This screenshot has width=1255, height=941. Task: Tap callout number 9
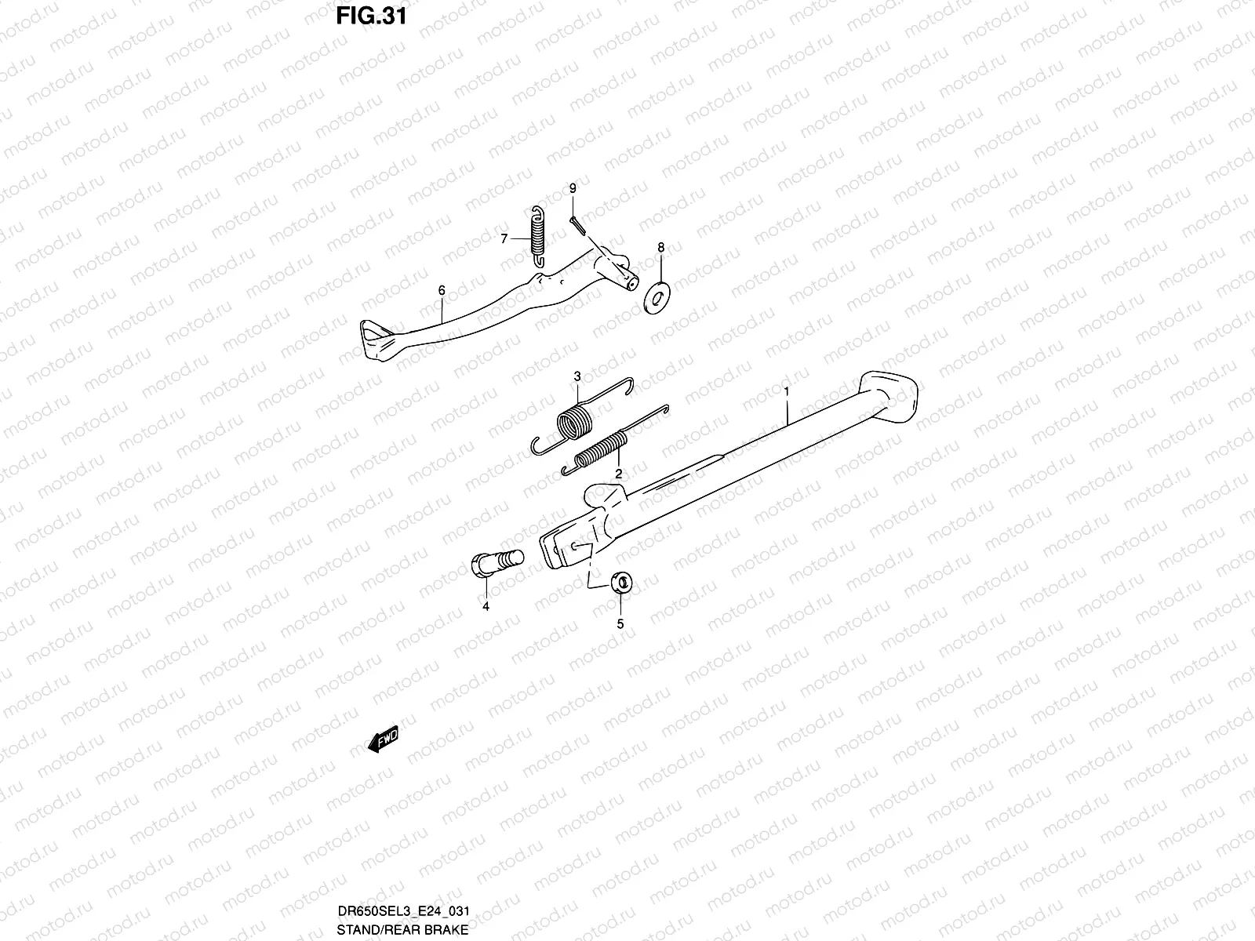click(573, 188)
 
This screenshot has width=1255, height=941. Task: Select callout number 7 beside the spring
click(505, 238)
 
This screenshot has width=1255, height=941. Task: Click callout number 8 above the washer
click(660, 248)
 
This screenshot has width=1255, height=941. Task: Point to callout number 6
click(442, 291)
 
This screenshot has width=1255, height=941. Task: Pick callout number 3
click(577, 377)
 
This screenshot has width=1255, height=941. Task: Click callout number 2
click(619, 474)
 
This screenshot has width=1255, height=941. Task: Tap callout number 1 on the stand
click(786, 389)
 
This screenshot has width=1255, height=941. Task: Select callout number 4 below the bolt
click(486, 606)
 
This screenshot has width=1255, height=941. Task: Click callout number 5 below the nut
click(620, 624)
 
